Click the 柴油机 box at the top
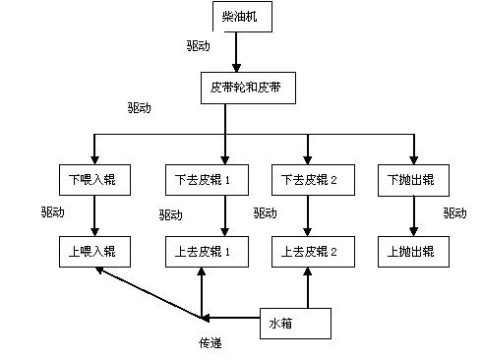[x=241, y=17]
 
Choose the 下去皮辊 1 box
[x=201, y=181]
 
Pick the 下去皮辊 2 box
[x=309, y=181]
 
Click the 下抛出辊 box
[x=412, y=181]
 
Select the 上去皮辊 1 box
[x=201, y=252]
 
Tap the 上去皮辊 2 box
[x=309, y=252]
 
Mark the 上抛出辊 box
[x=412, y=252]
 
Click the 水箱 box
[x=294, y=323]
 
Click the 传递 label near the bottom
[x=211, y=343]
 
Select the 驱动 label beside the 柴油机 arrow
[x=198, y=46]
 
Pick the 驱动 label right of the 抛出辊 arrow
[x=454, y=212]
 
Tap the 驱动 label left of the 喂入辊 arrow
[x=53, y=212]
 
